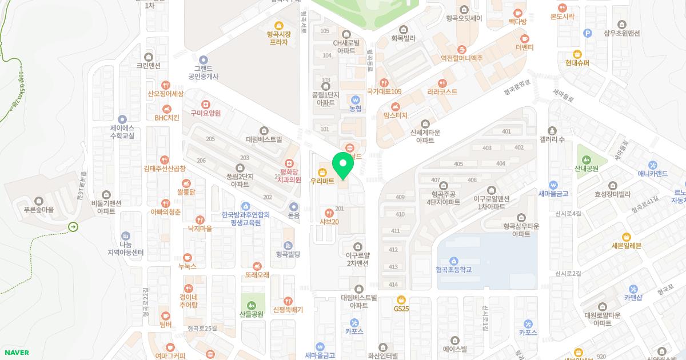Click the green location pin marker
click(x=343, y=166)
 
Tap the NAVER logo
click(x=17, y=353)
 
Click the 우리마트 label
click(x=322, y=181)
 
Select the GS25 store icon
click(x=401, y=299)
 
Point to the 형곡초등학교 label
click(x=453, y=270)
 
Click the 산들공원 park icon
click(x=252, y=304)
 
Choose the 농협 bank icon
click(x=356, y=99)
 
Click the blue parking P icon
click(x=587, y=33)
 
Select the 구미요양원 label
click(x=206, y=113)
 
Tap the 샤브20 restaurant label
click(x=328, y=222)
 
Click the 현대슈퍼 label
click(x=577, y=63)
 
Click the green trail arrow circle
click(x=73, y=227)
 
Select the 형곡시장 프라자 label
click(x=279, y=38)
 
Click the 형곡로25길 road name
click(x=202, y=328)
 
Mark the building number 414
click(x=393, y=285)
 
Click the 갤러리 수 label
click(x=552, y=140)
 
